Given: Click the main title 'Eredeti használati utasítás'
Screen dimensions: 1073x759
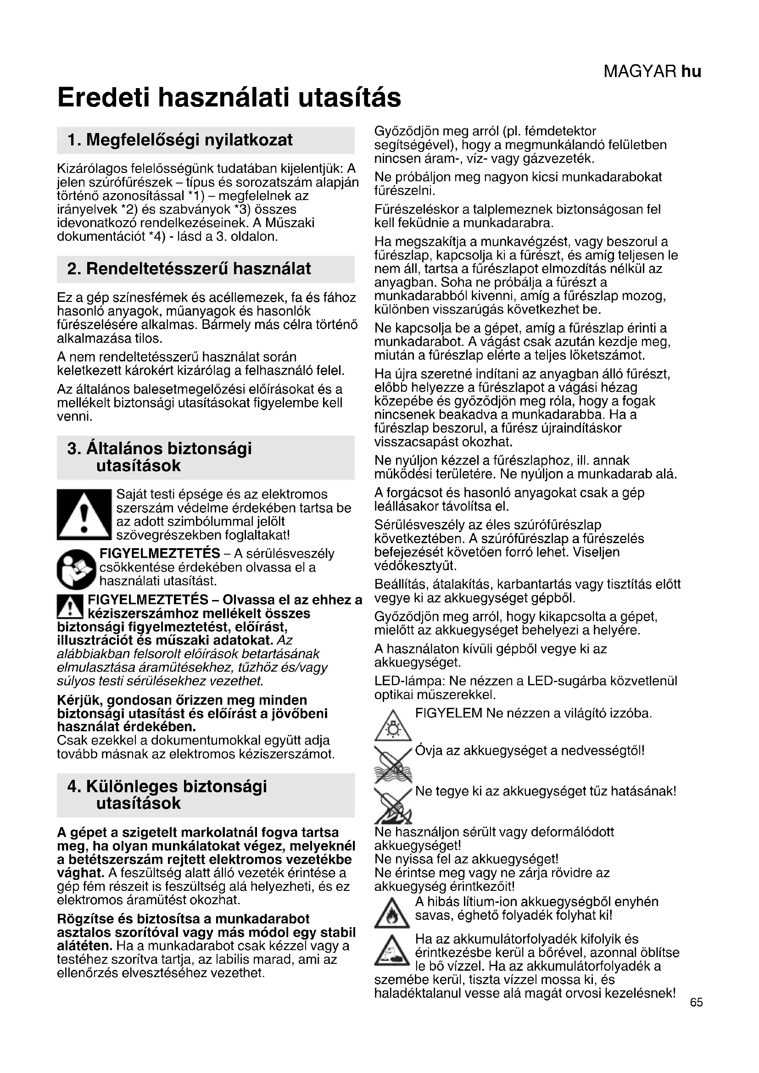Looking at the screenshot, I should [229, 98].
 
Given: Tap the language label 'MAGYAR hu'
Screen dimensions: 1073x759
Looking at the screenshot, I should [652, 72].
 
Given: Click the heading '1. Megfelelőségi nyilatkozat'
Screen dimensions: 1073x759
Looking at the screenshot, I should [180, 140].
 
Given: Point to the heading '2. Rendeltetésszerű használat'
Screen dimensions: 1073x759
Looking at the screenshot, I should [189, 269].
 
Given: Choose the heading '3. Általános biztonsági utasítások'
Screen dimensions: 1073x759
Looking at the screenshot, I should [159, 456].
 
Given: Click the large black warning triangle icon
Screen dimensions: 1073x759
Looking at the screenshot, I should [84, 515].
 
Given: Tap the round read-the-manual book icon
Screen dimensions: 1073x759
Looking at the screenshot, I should [77, 568].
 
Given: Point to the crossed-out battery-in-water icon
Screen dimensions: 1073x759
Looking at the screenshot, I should [393, 765].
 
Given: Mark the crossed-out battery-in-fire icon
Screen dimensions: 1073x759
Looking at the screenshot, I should [393, 805].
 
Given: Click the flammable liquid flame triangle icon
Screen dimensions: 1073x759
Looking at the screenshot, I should [393, 914].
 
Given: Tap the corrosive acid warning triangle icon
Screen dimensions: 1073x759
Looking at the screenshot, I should [393, 951].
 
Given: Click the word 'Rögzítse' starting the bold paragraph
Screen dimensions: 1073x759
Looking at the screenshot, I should [84, 919].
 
